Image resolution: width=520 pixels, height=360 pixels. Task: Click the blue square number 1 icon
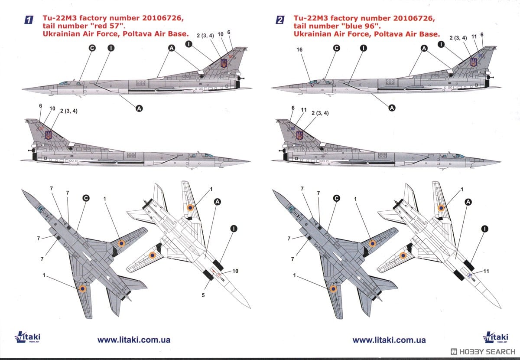[x=29, y=20]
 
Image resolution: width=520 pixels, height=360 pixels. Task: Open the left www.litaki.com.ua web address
[x=134, y=340]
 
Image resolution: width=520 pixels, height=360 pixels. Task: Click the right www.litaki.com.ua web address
[x=389, y=340]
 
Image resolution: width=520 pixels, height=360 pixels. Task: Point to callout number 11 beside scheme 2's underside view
[x=486, y=271]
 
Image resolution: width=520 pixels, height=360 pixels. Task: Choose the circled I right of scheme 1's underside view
[x=234, y=228]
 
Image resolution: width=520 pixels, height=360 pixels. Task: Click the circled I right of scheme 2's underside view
[x=484, y=228]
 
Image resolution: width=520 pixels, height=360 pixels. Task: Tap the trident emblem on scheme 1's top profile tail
[x=224, y=63]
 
